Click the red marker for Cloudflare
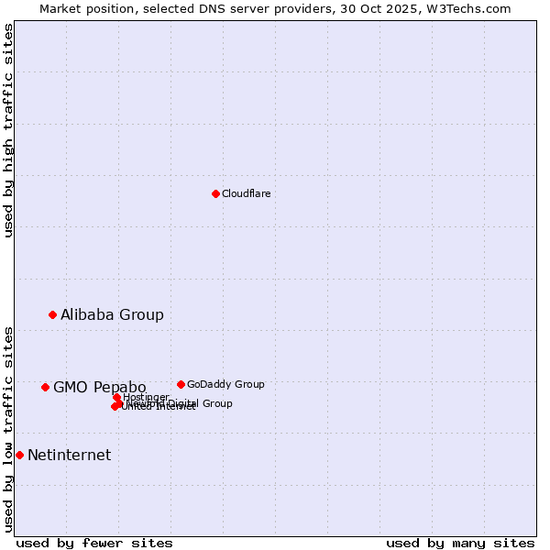pos(215,193)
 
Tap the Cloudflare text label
pos(246,193)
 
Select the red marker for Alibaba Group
pos(52,314)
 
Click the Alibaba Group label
pos(112,314)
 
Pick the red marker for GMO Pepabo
pos(45,387)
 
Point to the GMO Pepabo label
pos(99,387)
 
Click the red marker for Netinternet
pos(19,455)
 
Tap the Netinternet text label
pos(69,455)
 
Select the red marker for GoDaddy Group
pos(181,384)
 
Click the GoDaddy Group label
pos(225,384)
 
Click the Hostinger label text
pos(147,397)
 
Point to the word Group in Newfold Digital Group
pos(217,403)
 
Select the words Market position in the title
pos(81,8)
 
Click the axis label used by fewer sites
pos(94,543)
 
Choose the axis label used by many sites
pos(460,543)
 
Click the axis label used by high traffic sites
pos(8,130)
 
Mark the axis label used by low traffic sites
pos(8,428)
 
